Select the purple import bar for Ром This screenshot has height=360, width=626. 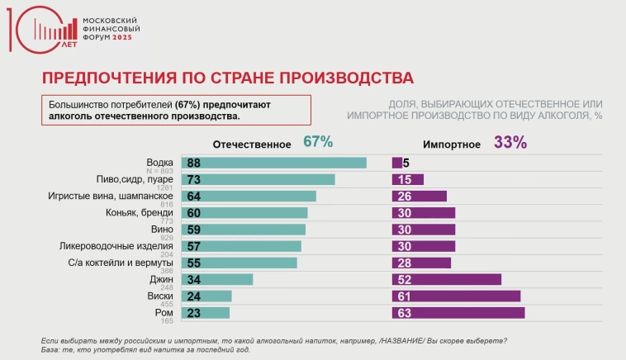click(458, 313)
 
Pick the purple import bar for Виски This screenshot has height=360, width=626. click(456, 296)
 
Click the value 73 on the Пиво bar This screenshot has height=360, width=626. click(195, 179)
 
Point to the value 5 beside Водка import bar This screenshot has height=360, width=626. click(407, 163)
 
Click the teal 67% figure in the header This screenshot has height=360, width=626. click(318, 142)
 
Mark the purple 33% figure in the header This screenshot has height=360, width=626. click(510, 142)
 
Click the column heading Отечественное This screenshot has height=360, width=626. click(252, 144)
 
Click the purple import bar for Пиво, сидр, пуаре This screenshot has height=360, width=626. click(408, 179)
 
